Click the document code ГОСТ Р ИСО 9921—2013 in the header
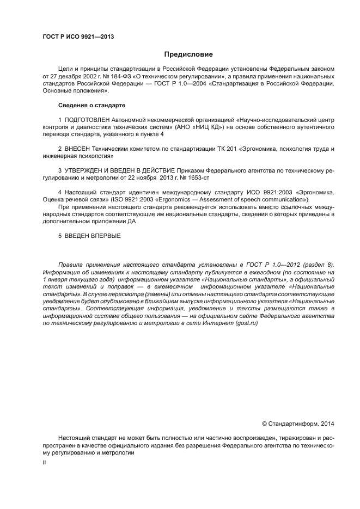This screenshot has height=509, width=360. pyautogui.click(x=78, y=36)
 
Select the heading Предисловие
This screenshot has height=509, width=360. pyautogui.click(x=188, y=54)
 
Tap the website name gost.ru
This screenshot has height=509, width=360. pyautogui.click(x=246, y=323)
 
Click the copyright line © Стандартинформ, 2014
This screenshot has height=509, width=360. pyautogui.click(x=298, y=423)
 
